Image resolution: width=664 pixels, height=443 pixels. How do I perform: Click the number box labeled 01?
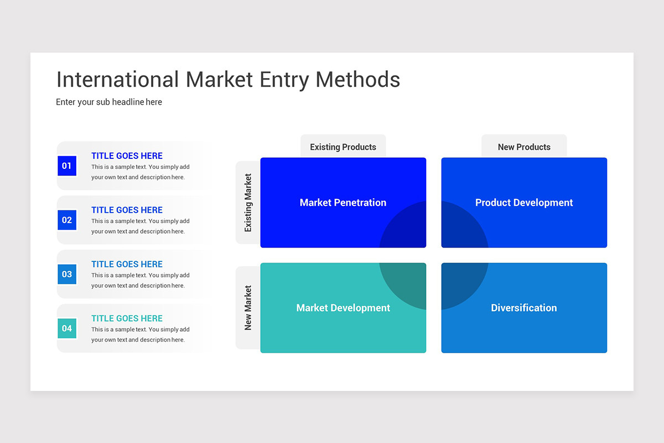click(x=67, y=166)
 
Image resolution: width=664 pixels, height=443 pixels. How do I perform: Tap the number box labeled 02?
click(x=67, y=220)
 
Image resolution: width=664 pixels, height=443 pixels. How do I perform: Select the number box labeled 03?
click(x=67, y=274)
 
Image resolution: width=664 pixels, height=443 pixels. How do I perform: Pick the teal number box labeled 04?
click(x=67, y=328)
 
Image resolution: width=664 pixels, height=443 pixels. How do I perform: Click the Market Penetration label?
click(x=343, y=203)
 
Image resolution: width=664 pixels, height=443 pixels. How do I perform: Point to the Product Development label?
click(x=524, y=203)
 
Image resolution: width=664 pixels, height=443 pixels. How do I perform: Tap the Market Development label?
click(x=343, y=308)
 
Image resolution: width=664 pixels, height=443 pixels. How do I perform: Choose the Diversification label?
click(x=524, y=308)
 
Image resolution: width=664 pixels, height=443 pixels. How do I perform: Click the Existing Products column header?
click(x=343, y=147)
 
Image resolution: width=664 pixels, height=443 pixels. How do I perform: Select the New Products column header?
click(x=524, y=147)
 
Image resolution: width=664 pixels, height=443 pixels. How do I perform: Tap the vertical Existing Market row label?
click(x=248, y=203)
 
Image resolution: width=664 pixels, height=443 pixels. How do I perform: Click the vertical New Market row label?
click(x=248, y=308)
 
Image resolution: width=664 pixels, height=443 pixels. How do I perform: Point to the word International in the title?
click(x=117, y=80)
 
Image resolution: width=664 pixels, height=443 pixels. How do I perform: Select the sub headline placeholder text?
click(x=109, y=102)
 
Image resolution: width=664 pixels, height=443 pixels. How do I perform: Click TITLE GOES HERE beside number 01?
click(x=127, y=156)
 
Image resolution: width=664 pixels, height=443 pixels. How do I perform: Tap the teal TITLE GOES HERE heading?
click(x=127, y=318)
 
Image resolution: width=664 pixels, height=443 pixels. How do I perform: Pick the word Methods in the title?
click(x=357, y=80)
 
